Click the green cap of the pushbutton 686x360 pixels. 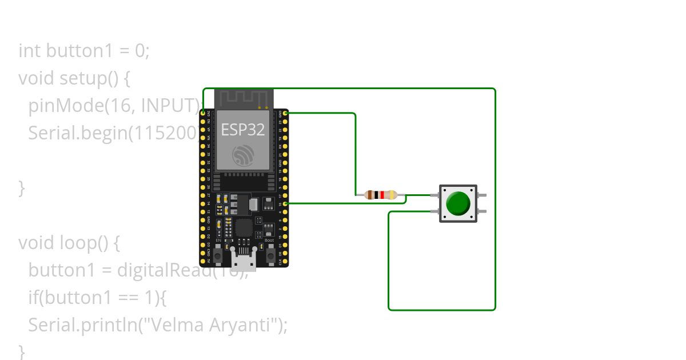[458, 203]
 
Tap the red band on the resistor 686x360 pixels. [382, 195]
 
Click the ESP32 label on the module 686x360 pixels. [243, 130]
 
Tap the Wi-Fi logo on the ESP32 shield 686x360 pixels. [244, 155]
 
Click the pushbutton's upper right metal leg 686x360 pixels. [482, 195]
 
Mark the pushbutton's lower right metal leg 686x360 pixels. [482, 211]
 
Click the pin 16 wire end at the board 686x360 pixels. [285, 203]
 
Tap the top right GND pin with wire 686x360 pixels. [285, 113]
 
